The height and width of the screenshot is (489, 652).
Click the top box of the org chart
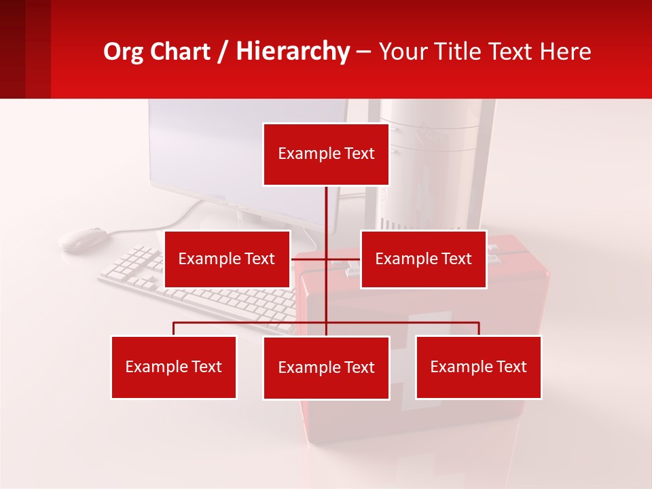tap(326, 154)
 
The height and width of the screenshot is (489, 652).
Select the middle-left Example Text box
tap(227, 259)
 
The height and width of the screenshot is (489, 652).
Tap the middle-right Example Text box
tap(423, 259)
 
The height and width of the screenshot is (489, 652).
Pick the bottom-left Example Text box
tap(174, 367)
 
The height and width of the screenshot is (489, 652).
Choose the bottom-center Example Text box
tap(326, 367)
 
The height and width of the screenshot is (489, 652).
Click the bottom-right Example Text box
tap(478, 367)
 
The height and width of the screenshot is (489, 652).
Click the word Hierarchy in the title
tap(293, 51)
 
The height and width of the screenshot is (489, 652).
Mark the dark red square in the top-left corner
tap(24, 49)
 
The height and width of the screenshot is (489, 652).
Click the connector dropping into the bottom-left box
tap(174, 329)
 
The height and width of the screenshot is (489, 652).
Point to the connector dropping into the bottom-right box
tap(479, 329)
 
